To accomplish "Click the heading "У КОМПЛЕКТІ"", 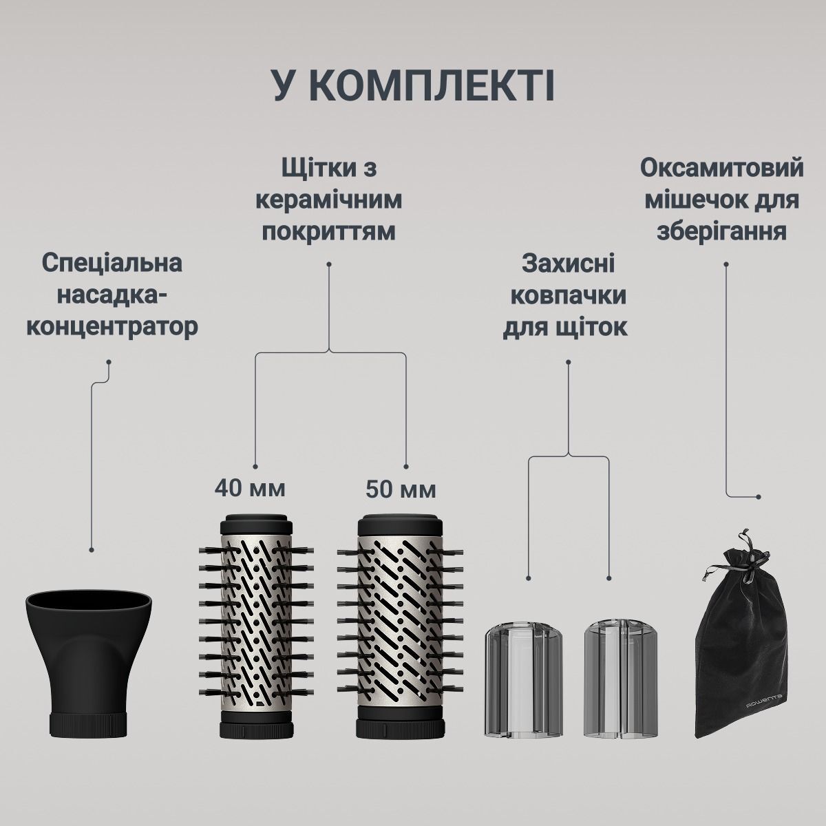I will (413, 85).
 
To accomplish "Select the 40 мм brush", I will (256, 619).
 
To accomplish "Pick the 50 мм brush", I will (400, 619).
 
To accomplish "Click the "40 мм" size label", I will (249, 489).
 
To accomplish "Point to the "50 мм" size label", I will (401, 490).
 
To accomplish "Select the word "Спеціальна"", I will (112, 262).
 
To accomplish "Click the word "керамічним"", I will (328, 200).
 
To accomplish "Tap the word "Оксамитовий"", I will (722, 168).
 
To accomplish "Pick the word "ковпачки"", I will (568, 296).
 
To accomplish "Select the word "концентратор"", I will (112, 326).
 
